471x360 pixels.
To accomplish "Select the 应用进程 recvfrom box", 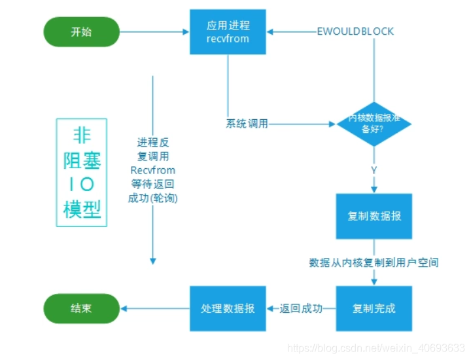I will click(228, 32).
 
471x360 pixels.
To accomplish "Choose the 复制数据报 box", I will click(374, 216).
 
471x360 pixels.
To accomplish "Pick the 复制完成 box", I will click(374, 308).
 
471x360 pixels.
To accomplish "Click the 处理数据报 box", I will click(228, 308).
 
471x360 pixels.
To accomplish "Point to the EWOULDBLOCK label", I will click(355, 31).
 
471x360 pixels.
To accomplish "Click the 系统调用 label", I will click(247, 123).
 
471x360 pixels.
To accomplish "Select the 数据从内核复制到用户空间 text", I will click(374, 262).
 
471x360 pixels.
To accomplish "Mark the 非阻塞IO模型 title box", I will click(82, 172).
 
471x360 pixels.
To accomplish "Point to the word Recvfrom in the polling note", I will click(152, 170).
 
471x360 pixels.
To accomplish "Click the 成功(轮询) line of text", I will click(152, 198).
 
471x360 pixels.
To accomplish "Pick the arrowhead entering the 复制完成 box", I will click(374, 281).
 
